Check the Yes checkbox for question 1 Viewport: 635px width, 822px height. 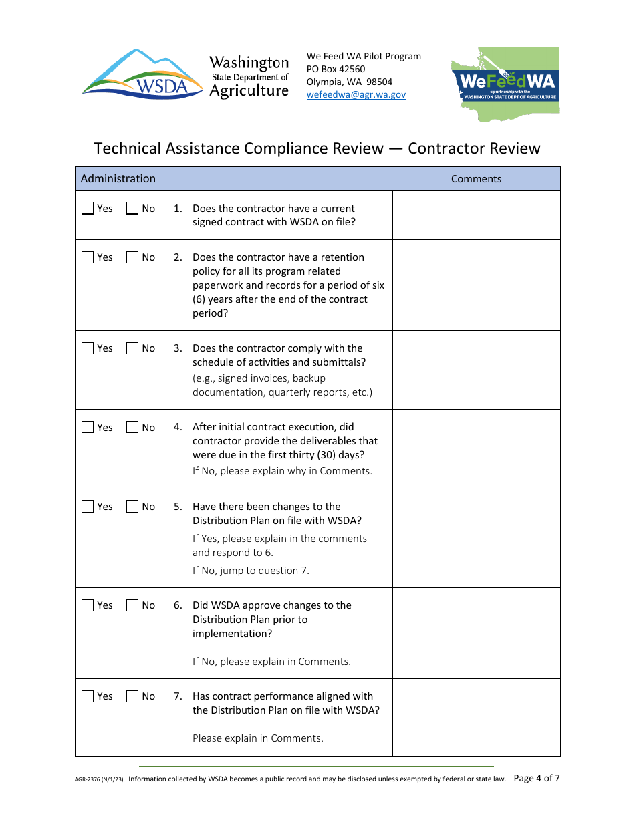[88, 209]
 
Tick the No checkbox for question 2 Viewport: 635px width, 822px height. [132, 257]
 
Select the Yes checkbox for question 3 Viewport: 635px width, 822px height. [88, 348]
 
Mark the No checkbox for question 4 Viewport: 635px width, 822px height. [132, 428]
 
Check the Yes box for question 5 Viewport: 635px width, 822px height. [88, 507]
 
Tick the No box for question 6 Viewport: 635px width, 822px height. [132, 605]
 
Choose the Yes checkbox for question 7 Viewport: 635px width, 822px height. [88, 696]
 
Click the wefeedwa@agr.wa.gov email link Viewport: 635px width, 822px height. [356, 94]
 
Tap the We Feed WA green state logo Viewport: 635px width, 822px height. [506, 84]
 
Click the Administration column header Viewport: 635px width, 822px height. [118, 179]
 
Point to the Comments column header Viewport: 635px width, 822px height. [476, 179]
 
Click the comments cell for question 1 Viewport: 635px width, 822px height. [476, 215]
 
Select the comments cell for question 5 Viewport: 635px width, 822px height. [476, 538]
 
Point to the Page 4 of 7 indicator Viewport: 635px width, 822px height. [536, 778]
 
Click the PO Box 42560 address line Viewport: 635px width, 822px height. [336, 69]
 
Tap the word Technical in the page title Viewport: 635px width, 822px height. [127, 148]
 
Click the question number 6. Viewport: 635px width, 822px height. [178, 605]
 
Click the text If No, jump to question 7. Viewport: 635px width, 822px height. [251, 571]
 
